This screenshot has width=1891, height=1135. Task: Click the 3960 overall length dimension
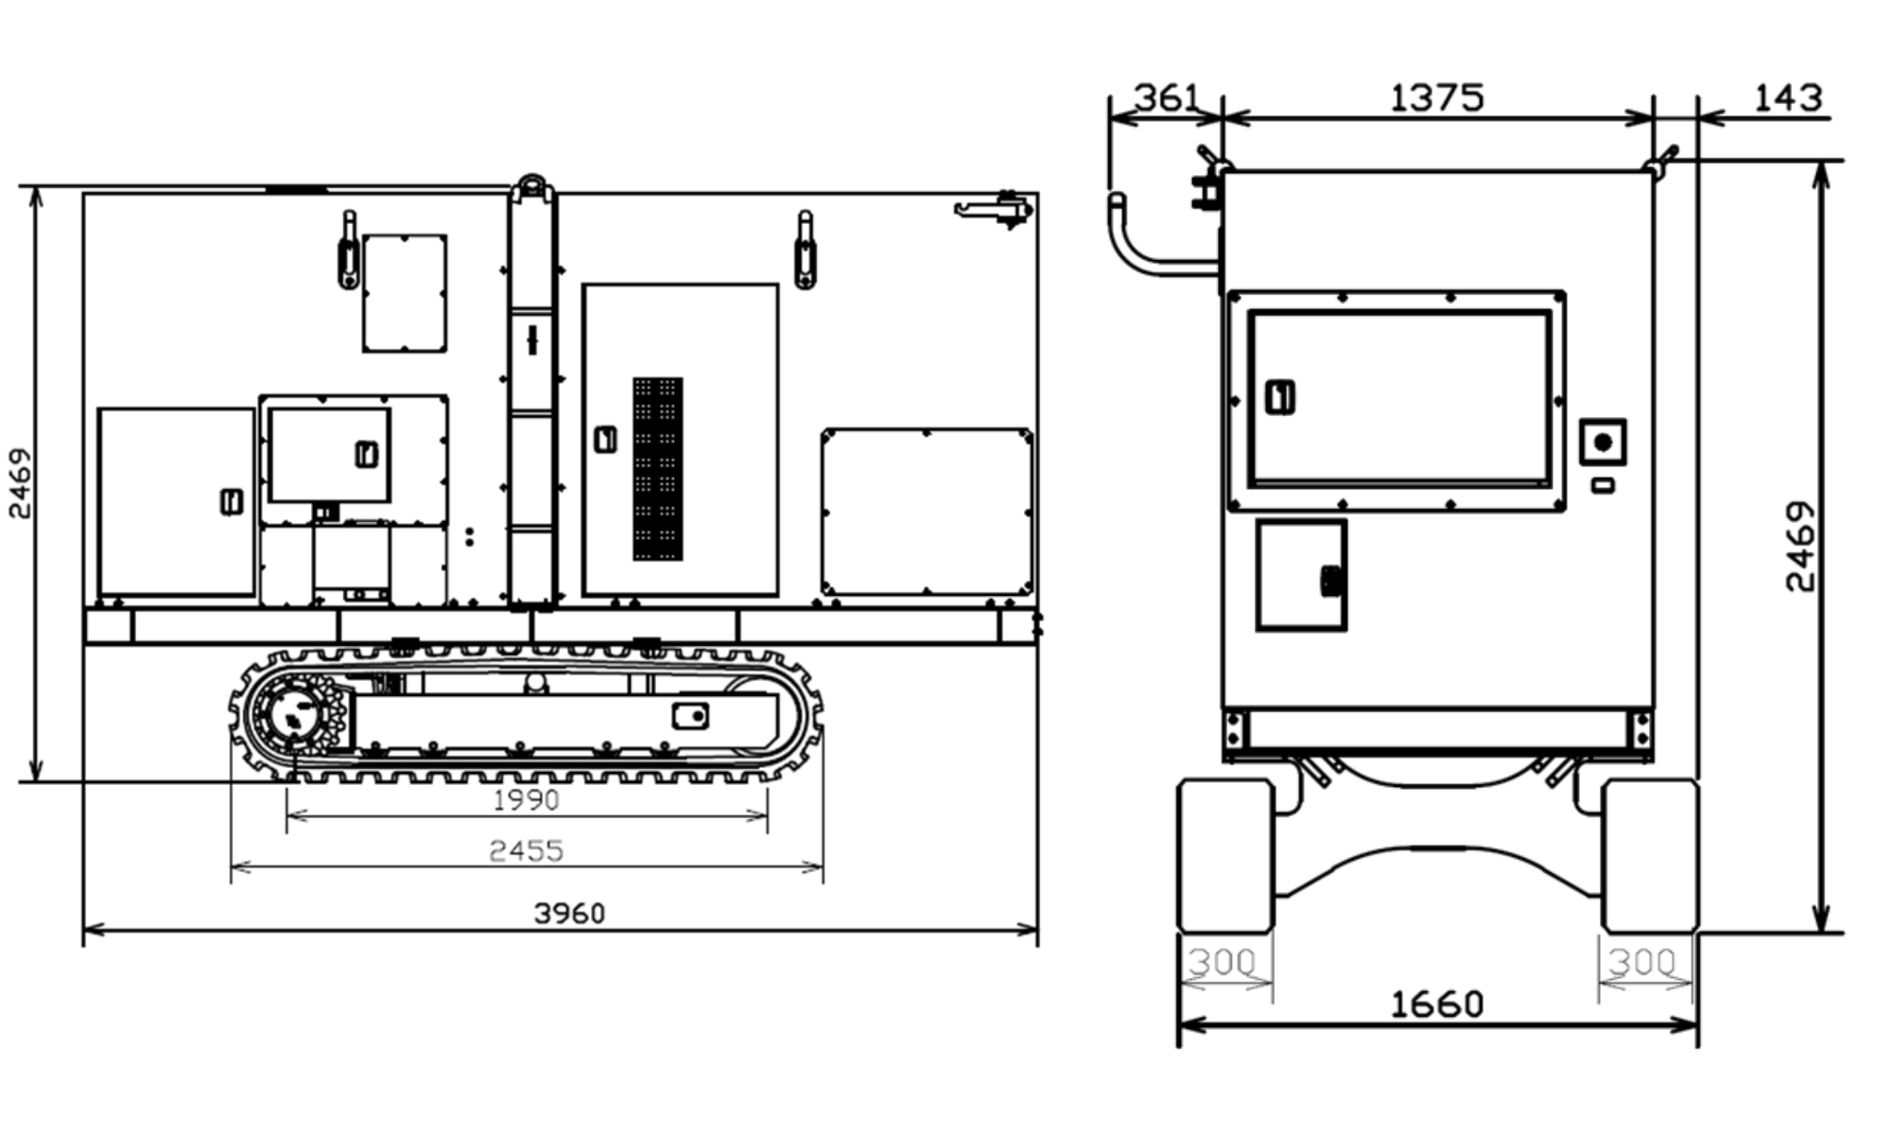pyautogui.click(x=569, y=913)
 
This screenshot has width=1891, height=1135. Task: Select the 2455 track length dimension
pyautogui.click(x=526, y=850)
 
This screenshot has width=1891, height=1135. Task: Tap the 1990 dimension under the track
pyautogui.click(x=526, y=800)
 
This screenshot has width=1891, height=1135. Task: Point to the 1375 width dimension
pyautogui.click(x=1436, y=97)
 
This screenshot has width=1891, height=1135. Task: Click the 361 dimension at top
pyautogui.click(x=1166, y=97)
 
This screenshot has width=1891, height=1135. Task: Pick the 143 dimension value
pyautogui.click(x=1787, y=97)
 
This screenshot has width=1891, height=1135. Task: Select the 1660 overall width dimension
pyautogui.click(x=1436, y=1004)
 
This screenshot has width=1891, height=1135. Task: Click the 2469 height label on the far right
pyautogui.click(x=1799, y=547)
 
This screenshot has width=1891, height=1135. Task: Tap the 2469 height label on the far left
pyautogui.click(x=20, y=483)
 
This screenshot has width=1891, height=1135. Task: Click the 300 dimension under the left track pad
pyautogui.click(x=1222, y=963)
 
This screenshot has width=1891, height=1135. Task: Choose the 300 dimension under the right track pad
pyautogui.click(x=1642, y=963)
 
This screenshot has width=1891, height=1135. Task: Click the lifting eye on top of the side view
pyautogui.click(x=532, y=186)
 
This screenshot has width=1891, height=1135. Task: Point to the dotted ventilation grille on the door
pyautogui.click(x=658, y=469)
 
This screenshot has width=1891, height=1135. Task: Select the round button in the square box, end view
pyautogui.click(x=1603, y=443)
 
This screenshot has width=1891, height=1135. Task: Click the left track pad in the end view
pyautogui.click(x=1225, y=855)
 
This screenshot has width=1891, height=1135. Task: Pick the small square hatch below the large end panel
pyautogui.click(x=1301, y=575)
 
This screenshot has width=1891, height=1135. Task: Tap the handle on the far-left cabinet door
pyautogui.click(x=232, y=501)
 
